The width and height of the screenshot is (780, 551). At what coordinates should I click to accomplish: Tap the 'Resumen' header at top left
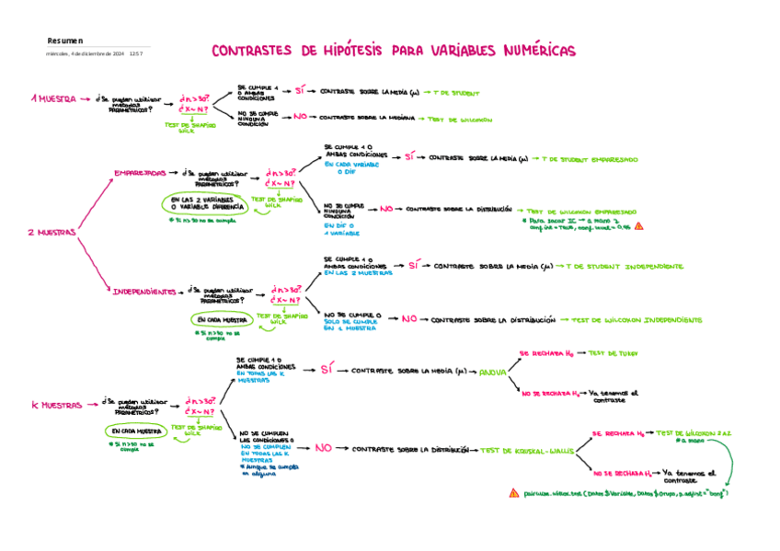pos(64,40)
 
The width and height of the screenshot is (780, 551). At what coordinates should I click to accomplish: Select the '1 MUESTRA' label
pos(53,98)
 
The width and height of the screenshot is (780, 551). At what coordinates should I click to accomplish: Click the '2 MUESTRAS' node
pos(51,233)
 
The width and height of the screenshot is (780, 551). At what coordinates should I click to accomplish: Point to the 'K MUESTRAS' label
pos(57,405)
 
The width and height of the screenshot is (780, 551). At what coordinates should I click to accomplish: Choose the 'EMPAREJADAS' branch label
pos(140,173)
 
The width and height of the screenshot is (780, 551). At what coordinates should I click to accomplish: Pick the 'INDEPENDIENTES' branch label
pos(144,292)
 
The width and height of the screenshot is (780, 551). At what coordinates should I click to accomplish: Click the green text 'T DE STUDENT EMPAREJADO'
pos(591,158)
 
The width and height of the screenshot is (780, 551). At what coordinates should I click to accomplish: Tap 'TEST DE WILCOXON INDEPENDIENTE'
pos(637,320)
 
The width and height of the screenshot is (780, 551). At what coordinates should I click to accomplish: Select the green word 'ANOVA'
pos(494,372)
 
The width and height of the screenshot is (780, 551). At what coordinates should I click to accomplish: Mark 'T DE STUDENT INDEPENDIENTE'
pos(628,266)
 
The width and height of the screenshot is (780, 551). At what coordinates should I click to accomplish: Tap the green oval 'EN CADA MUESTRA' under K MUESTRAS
pos(136,430)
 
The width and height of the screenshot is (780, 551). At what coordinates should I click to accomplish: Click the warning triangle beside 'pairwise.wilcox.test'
pos(513,494)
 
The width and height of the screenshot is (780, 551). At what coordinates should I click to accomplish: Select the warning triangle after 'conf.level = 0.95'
pos(639,225)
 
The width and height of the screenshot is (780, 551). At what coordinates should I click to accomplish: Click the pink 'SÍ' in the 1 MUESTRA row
pos(299,91)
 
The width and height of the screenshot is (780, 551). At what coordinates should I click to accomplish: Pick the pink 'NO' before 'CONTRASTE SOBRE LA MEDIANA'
pos(300,117)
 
